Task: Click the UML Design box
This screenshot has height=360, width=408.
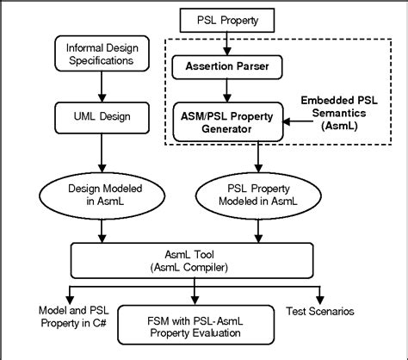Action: tap(102, 114)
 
